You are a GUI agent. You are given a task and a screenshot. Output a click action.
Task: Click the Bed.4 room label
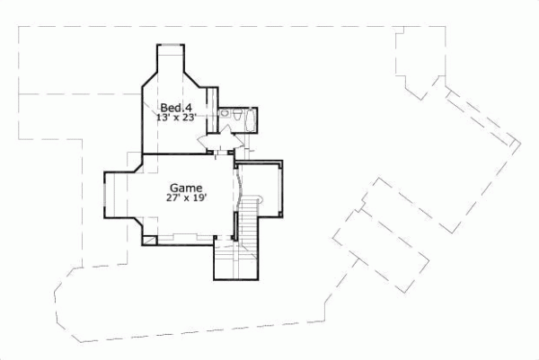[x=176, y=107]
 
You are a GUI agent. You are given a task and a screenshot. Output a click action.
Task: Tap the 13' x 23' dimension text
[x=176, y=118]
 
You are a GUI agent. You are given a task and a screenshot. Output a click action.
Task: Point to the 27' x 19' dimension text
[x=187, y=199]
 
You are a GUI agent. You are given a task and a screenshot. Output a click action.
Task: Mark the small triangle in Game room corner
[x=146, y=240]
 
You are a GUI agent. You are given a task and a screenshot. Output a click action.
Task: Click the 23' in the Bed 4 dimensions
[x=189, y=118]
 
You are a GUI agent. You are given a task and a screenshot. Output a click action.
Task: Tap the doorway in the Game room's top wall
[x=215, y=154]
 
